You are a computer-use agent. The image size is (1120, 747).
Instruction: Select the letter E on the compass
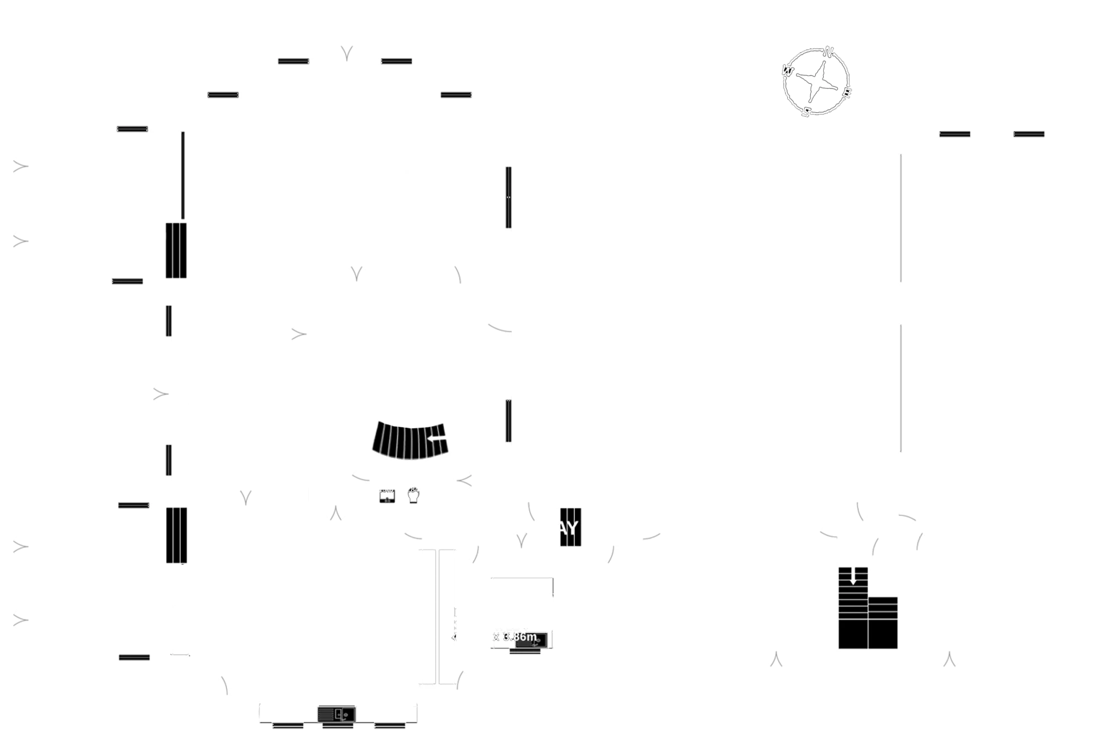pos(847,94)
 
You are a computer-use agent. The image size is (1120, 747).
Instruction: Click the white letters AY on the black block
pos(569,527)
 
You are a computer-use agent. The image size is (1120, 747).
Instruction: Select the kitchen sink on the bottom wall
pos(337,713)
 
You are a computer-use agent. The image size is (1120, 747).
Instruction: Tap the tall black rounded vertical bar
pos(183,176)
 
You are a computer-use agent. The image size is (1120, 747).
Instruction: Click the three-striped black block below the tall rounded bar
pos(176,250)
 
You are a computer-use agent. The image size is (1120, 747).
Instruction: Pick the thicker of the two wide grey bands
pos(705,246)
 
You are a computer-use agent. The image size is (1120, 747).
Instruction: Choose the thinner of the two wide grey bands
pos(705,423)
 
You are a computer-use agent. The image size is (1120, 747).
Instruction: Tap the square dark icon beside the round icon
pos(387,496)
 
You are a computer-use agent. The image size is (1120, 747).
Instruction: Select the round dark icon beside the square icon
pos(414,495)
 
